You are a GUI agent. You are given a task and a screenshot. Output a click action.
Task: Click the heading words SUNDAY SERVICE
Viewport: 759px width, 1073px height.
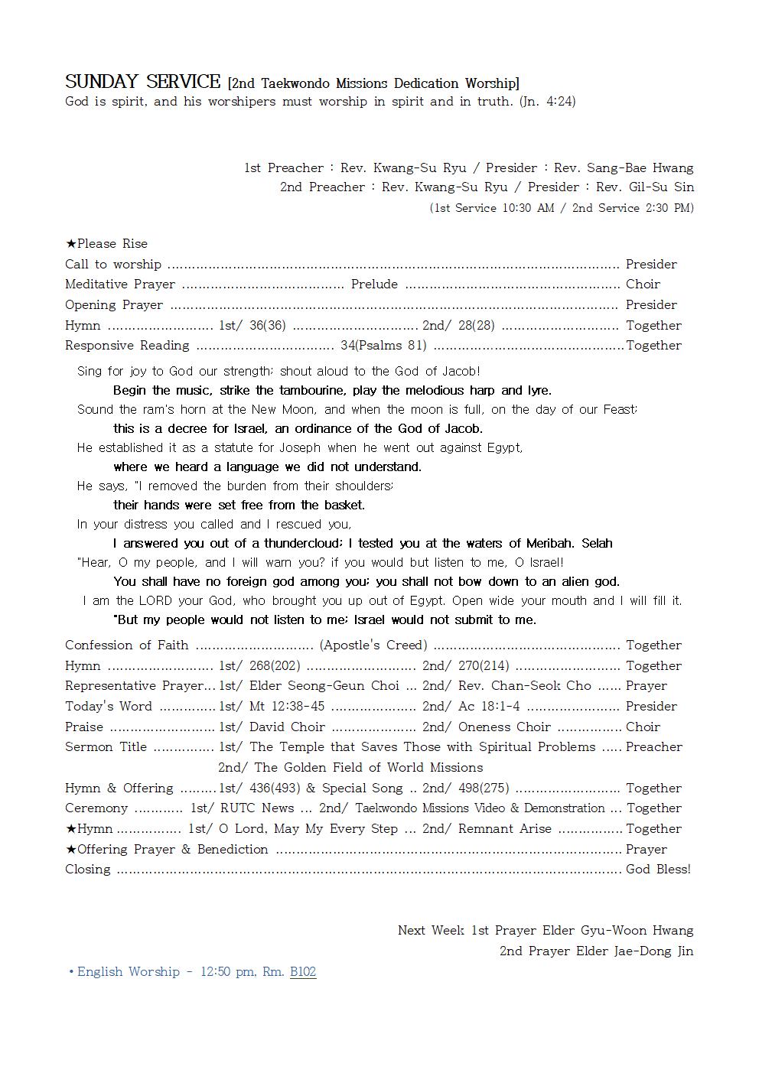(x=142, y=82)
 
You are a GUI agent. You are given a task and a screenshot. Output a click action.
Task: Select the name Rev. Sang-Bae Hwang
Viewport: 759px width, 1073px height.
(x=624, y=168)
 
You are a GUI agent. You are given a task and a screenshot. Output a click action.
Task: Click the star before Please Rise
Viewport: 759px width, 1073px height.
(x=70, y=244)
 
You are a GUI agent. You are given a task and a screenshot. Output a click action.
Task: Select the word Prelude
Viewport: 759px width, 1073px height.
(x=374, y=285)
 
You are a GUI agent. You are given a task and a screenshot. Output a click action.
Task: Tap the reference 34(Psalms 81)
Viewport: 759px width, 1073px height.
(x=383, y=346)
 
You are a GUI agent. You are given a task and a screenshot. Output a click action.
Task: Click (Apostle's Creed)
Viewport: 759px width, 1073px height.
(x=373, y=645)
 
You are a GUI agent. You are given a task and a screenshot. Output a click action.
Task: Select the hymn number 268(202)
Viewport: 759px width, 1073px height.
(x=275, y=666)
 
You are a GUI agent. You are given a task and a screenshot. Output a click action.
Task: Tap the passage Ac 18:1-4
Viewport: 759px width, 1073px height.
(x=489, y=707)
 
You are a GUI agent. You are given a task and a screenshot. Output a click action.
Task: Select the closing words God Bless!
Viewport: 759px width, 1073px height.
(x=658, y=870)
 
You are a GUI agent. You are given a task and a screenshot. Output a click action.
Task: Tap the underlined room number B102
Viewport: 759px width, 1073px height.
(x=303, y=972)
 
